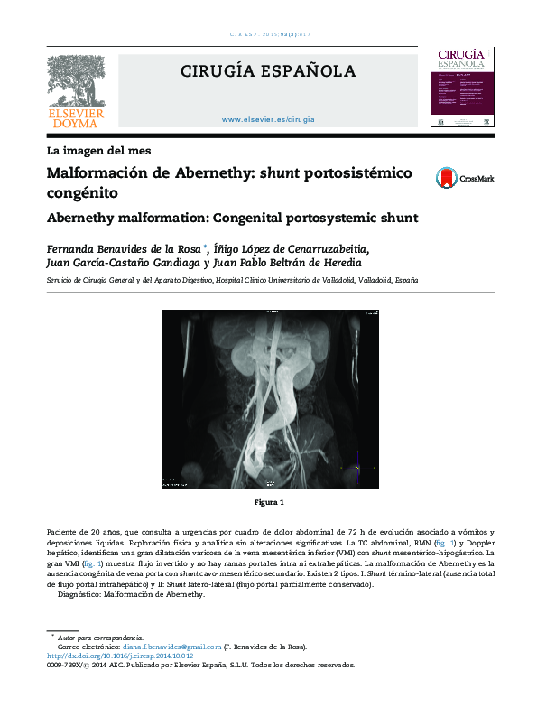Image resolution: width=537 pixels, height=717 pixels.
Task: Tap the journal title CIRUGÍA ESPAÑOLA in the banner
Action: click(268, 71)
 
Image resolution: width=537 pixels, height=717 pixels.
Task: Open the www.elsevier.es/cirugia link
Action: click(268, 119)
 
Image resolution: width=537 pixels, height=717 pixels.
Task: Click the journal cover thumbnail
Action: click(461, 87)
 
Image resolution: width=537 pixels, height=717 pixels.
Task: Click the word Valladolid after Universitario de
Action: click(333, 281)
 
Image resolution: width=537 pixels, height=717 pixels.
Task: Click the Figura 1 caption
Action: click(269, 502)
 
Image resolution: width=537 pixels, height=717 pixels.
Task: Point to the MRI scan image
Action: click(268, 400)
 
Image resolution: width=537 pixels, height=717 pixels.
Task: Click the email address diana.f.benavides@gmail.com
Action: click(172, 647)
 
